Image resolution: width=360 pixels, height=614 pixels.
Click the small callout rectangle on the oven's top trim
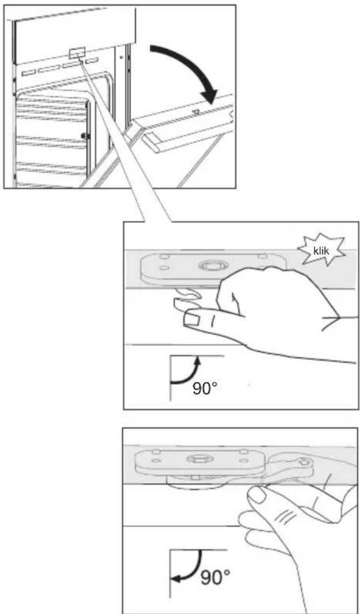77,53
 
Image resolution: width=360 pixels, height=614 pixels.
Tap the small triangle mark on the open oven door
195,111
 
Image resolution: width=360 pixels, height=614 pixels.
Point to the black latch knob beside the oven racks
83,135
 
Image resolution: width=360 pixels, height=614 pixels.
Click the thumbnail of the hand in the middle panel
191,317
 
